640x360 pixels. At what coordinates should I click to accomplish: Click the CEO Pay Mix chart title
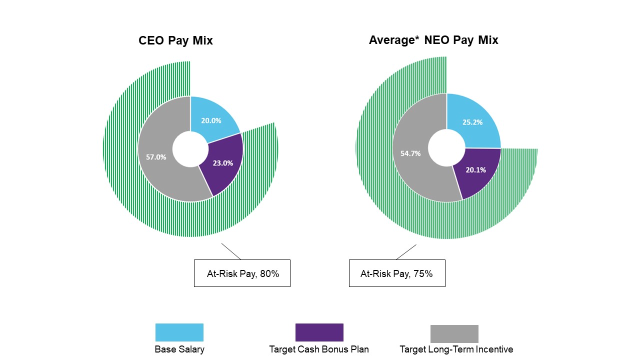pyautogui.click(x=175, y=40)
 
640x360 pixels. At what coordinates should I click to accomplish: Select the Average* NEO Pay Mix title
pyautogui.click(x=433, y=40)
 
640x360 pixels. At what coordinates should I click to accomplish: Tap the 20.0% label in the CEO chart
pyautogui.click(x=211, y=120)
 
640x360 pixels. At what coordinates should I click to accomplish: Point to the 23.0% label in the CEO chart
pyautogui.click(x=223, y=162)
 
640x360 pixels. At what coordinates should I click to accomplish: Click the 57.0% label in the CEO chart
pyautogui.click(x=156, y=156)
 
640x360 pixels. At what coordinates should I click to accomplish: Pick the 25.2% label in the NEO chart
pyautogui.click(x=472, y=122)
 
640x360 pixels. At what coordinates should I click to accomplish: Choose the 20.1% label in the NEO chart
pyautogui.click(x=475, y=169)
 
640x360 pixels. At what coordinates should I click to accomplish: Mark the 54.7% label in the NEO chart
pyautogui.click(x=410, y=153)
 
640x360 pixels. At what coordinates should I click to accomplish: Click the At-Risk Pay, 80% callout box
pyautogui.click(x=242, y=273)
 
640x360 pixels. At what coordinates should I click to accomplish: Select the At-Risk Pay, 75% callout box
pyautogui.click(x=397, y=273)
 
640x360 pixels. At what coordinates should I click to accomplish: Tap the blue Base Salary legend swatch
pyautogui.click(x=179, y=332)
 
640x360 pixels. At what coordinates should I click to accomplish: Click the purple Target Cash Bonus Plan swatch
pyautogui.click(x=319, y=332)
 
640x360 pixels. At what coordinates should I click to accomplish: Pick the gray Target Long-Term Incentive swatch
pyautogui.click(x=454, y=333)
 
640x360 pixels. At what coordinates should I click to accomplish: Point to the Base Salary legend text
pyautogui.click(x=179, y=349)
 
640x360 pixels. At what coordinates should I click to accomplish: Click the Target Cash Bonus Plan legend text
pyautogui.click(x=319, y=349)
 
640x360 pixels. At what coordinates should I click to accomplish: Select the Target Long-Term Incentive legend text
pyautogui.click(x=456, y=349)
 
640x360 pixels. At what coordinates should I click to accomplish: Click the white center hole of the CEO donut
pyautogui.click(x=190, y=149)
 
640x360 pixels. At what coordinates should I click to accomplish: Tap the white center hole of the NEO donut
pyautogui.click(x=446, y=148)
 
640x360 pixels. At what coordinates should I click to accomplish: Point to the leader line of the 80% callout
pyautogui.click(x=231, y=251)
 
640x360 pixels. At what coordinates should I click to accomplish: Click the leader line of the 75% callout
pyautogui.click(x=406, y=252)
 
